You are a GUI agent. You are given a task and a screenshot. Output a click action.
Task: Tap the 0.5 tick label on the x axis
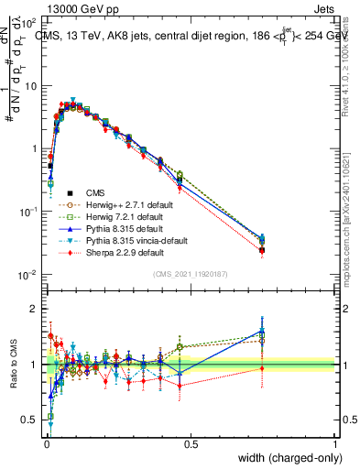pos(190,444)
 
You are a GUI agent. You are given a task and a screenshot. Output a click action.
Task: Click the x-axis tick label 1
pos(334,444)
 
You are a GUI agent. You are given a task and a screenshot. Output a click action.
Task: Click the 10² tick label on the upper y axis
pos(27,22)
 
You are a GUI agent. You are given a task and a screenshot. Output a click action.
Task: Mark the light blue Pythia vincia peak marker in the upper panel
pos(72,99)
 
